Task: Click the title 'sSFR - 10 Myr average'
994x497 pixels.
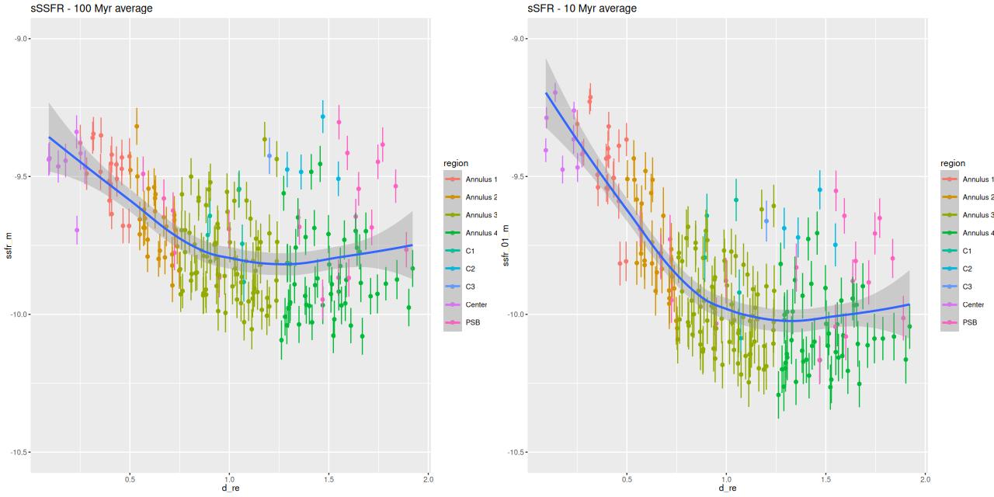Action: coord(582,9)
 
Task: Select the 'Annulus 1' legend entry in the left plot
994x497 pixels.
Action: coord(480,179)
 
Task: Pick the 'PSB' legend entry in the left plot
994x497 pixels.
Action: coord(472,322)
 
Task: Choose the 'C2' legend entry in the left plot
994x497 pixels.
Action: coord(471,269)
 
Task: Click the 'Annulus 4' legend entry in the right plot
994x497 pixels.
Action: coord(977,233)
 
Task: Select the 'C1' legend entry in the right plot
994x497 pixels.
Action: coord(968,251)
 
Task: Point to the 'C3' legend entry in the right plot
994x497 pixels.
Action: coord(968,287)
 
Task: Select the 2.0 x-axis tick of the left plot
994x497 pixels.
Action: coord(428,479)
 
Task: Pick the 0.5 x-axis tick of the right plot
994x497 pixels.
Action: coord(627,479)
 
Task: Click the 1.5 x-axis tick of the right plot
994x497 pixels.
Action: coord(825,479)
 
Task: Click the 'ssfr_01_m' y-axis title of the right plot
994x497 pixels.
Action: coord(506,245)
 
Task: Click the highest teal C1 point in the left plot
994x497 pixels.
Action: coord(210,216)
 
